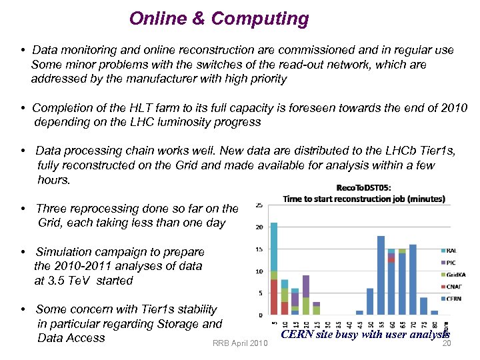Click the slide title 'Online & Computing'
coord(219,19)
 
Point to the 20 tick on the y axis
coord(259,227)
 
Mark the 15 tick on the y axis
coord(259,249)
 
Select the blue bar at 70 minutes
coord(413,279)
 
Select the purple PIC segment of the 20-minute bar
coord(306,286)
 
